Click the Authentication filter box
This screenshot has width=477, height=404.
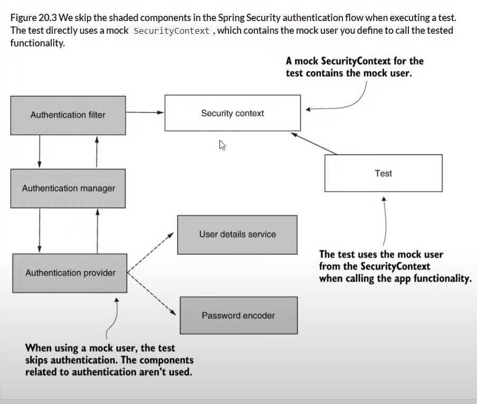pyautogui.click(x=68, y=115)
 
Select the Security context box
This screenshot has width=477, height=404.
pyautogui.click(x=232, y=113)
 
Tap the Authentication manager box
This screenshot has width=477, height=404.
pyautogui.click(x=68, y=188)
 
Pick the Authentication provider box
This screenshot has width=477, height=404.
pyautogui.click(x=70, y=273)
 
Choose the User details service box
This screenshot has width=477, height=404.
pyautogui.click(x=237, y=234)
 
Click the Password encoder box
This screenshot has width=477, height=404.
pyautogui.click(x=238, y=315)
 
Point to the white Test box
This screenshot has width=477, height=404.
pyautogui.click(x=383, y=173)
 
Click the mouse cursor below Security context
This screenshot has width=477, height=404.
pyautogui.click(x=223, y=145)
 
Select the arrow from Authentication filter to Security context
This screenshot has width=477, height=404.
pyautogui.click(x=145, y=112)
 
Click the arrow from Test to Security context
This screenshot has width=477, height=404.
pyautogui.click(x=314, y=143)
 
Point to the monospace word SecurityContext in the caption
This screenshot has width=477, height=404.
pyautogui.click(x=171, y=31)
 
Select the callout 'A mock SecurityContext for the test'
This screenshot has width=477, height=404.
pyautogui.click(x=355, y=67)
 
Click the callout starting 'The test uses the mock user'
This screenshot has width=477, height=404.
pyautogui.click(x=395, y=266)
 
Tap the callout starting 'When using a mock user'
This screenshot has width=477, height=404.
pyautogui.click(x=109, y=360)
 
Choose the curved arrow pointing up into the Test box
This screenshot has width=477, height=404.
pyautogui.click(x=385, y=222)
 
